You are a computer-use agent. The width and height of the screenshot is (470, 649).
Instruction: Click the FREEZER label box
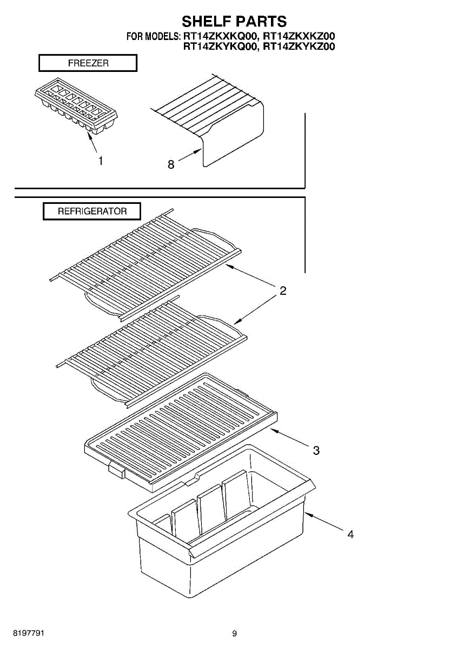pos(88,63)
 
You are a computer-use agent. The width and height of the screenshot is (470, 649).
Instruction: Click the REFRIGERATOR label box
pos(92,211)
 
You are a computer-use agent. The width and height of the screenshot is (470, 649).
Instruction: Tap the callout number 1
pos(101,161)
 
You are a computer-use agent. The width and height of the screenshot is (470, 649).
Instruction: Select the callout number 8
pos(171,164)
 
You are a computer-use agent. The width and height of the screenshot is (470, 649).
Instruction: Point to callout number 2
pos(283,290)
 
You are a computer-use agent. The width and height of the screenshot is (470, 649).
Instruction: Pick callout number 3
pos(316,450)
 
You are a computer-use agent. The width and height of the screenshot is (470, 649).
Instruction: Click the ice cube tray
pos(76,107)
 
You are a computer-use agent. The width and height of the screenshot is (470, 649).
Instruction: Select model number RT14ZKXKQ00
pos(220,36)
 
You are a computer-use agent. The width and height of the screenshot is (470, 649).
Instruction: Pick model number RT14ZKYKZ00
pos(299,47)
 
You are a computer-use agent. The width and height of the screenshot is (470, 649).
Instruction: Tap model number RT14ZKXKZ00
pos(299,36)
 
